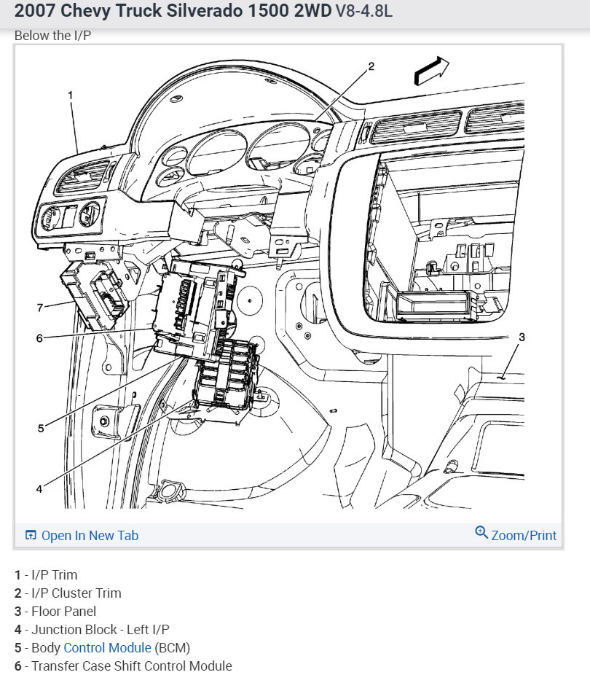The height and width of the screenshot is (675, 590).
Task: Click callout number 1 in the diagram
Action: pyautogui.click(x=71, y=95)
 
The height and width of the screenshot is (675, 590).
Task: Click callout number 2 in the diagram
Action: pyautogui.click(x=371, y=66)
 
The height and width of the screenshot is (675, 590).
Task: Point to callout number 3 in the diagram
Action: pyautogui.click(x=522, y=337)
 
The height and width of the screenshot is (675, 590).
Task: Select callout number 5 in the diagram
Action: pyautogui.click(x=41, y=428)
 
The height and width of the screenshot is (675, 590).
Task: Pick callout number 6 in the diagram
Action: pyautogui.click(x=39, y=337)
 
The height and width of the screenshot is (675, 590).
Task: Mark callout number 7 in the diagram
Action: pyautogui.click(x=40, y=308)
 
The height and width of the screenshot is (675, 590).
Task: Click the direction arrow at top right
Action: pyautogui.click(x=431, y=71)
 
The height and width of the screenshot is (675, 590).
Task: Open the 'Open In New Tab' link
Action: pyautogui.click(x=90, y=536)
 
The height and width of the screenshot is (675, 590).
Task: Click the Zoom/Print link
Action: pyautogui.click(x=524, y=536)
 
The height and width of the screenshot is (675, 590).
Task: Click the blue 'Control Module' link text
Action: pyautogui.click(x=107, y=647)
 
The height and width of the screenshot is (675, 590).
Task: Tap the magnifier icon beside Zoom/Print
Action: pyautogui.click(x=481, y=533)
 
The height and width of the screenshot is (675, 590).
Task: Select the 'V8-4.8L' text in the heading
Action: pyautogui.click(x=363, y=13)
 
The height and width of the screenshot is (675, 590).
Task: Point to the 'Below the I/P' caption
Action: pyautogui.click(x=52, y=36)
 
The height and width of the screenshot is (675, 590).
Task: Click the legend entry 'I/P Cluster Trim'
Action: pyautogui.click(x=76, y=593)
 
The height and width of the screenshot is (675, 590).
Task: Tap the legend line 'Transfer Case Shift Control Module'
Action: pyautogui.click(x=131, y=666)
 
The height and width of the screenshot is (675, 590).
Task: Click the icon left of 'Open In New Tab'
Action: pyautogui.click(x=31, y=536)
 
